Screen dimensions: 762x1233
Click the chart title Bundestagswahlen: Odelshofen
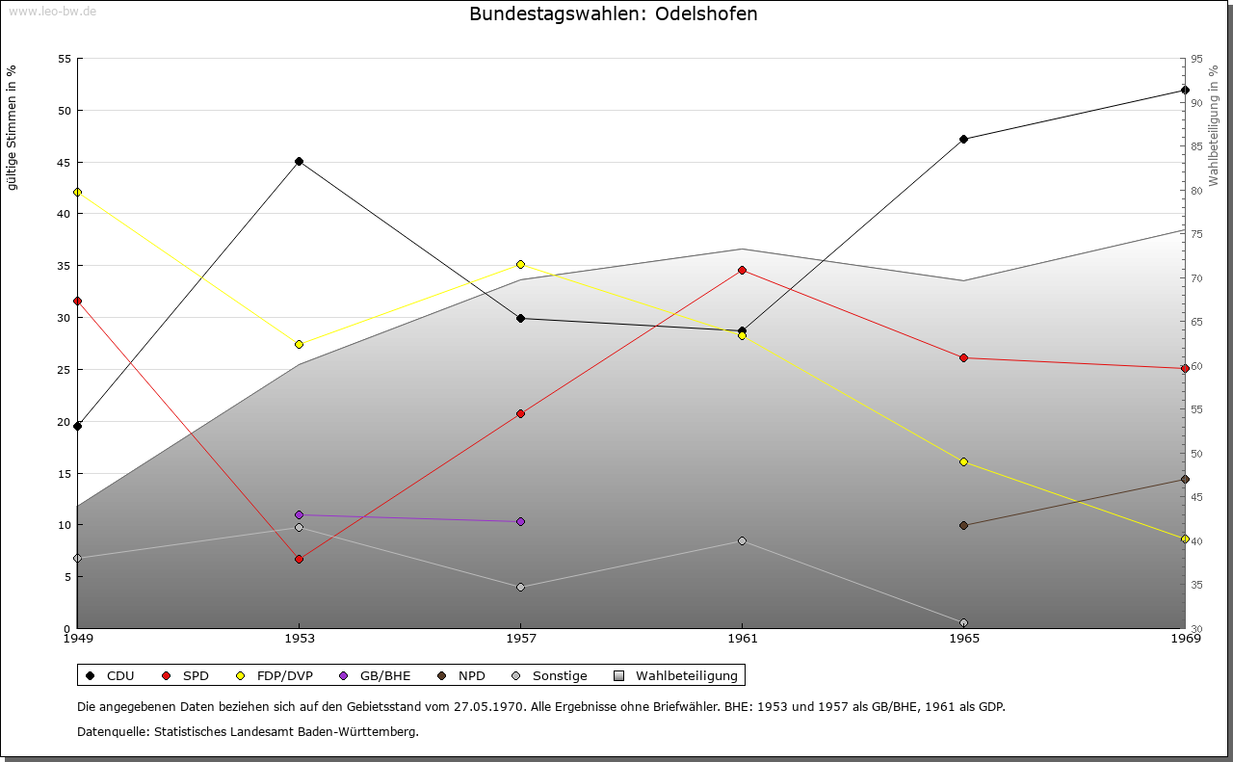click(613, 13)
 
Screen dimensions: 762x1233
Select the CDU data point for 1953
click(299, 161)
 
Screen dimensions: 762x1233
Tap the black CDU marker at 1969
click(1185, 90)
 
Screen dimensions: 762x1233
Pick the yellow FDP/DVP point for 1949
click(77, 192)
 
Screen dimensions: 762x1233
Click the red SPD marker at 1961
click(742, 270)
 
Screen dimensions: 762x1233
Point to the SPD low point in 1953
click(299, 559)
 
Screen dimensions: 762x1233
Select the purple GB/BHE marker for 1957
click(520, 521)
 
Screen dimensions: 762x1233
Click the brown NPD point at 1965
click(963, 525)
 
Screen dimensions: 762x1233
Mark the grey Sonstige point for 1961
click(742, 540)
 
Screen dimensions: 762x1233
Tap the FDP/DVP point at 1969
click(1185, 539)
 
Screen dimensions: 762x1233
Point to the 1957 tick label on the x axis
click(520, 638)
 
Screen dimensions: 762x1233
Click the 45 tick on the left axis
click(65, 162)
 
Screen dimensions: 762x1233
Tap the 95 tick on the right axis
click(1195, 59)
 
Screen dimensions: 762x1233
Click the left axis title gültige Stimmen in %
click(12, 127)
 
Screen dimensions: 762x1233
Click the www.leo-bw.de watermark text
click(52, 12)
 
